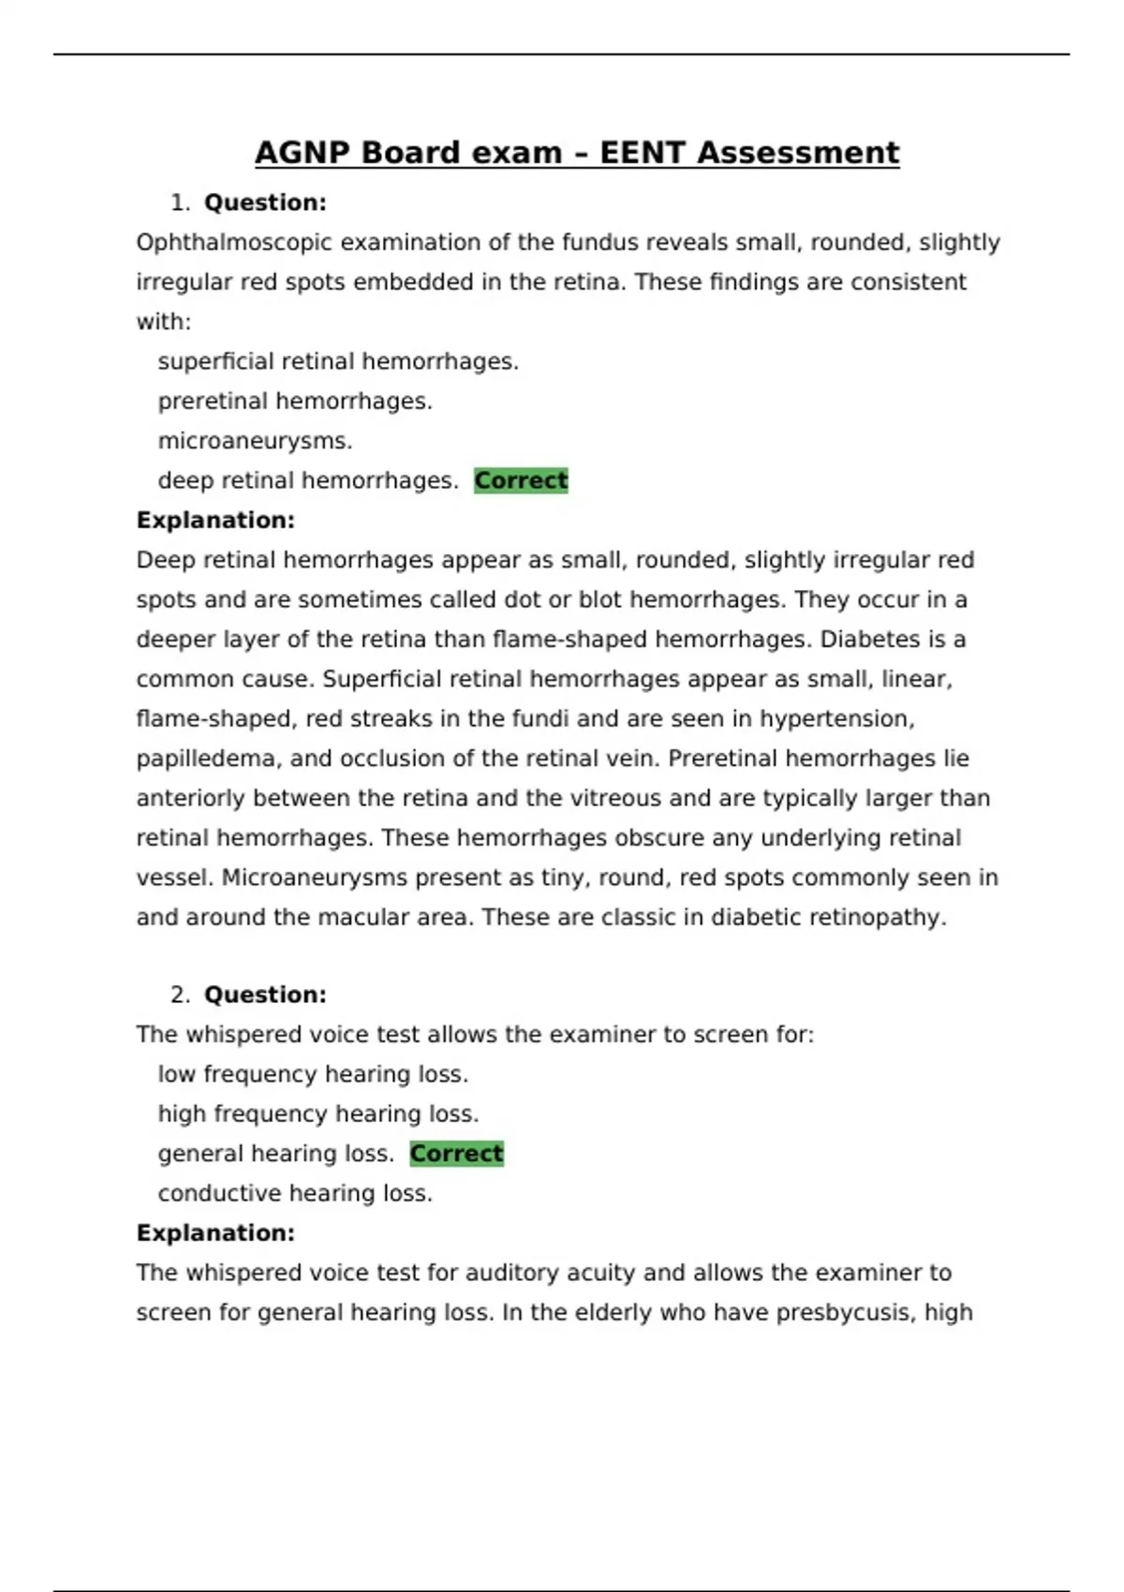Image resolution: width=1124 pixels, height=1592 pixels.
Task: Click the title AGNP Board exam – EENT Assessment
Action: pyautogui.click(x=577, y=153)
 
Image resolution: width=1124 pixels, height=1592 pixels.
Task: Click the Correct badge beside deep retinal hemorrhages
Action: pyautogui.click(x=521, y=480)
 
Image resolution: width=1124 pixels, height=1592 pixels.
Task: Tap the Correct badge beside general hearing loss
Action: pyautogui.click(x=456, y=1154)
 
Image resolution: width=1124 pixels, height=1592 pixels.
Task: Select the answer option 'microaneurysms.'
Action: pyautogui.click(x=255, y=441)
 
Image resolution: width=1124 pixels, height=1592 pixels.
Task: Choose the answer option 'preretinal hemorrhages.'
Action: pyautogui.click(x=295, y=402)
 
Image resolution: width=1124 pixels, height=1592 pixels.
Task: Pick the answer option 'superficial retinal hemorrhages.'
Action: pyautogui.click(x=338, y=361)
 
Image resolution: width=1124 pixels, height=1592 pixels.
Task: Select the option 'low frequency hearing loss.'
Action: pyautogui.click(x=313, y=1074)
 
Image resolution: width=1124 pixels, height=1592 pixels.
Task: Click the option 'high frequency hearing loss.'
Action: pyautogui.click(x=318, y=1113)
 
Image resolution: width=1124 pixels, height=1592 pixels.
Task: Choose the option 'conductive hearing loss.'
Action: pyautogui.click(x=295, y=1193)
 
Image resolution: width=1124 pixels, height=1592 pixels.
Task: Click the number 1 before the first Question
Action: pyautogui.click(x=179, y=203)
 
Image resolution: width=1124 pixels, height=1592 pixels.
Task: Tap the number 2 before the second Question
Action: pyautogui.click(x=179, y=995)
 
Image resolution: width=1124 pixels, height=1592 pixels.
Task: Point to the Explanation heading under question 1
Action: pyautogui.click(x=215, y=521)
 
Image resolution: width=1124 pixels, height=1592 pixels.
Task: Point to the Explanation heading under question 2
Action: pyautogui.click(x=215, y=1233)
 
